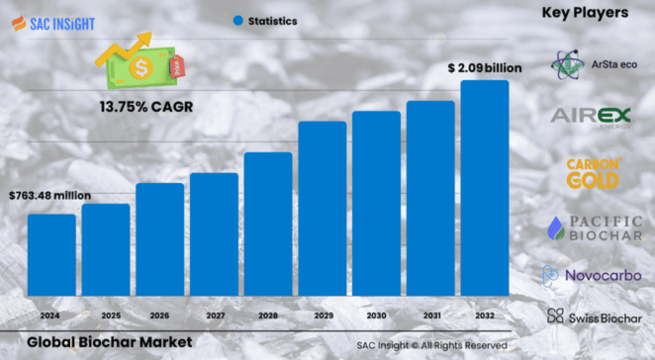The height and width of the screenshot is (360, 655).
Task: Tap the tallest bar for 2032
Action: pos(485,187)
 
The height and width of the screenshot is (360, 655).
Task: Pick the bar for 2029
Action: pos(323,207)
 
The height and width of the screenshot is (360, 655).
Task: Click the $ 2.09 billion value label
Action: pos(484,68)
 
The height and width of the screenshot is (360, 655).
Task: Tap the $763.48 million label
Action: pos(49,196)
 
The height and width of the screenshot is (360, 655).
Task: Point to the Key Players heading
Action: pos(586,13)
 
